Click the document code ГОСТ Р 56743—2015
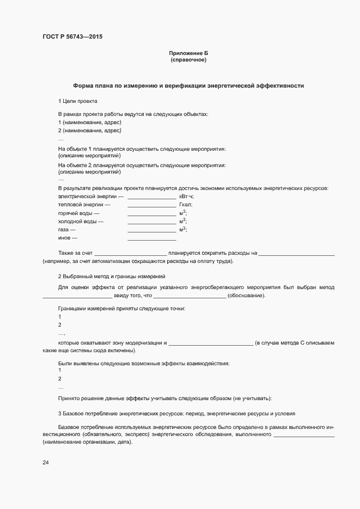(x=72, y=37)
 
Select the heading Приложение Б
(x=188, y=53)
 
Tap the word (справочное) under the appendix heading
(x=188, y=60)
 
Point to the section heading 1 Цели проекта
(x=78, y=101)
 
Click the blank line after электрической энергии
(x=151, y=197)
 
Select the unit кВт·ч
(x=186, y=196)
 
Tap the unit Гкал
(x=185, y=205)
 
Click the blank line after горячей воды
(x=151, y=214)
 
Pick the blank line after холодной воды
(x=151, y=223)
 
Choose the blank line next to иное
(x=151, y=240)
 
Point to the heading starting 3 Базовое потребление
(x=176, y=414)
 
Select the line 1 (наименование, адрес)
(x=90, y=122)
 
